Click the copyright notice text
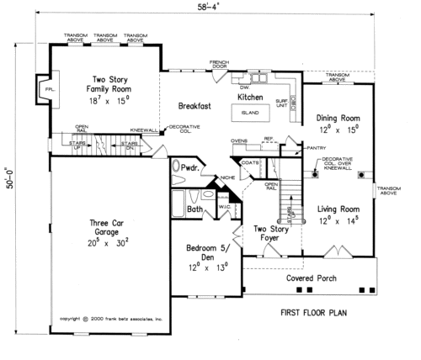[109, 320]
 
